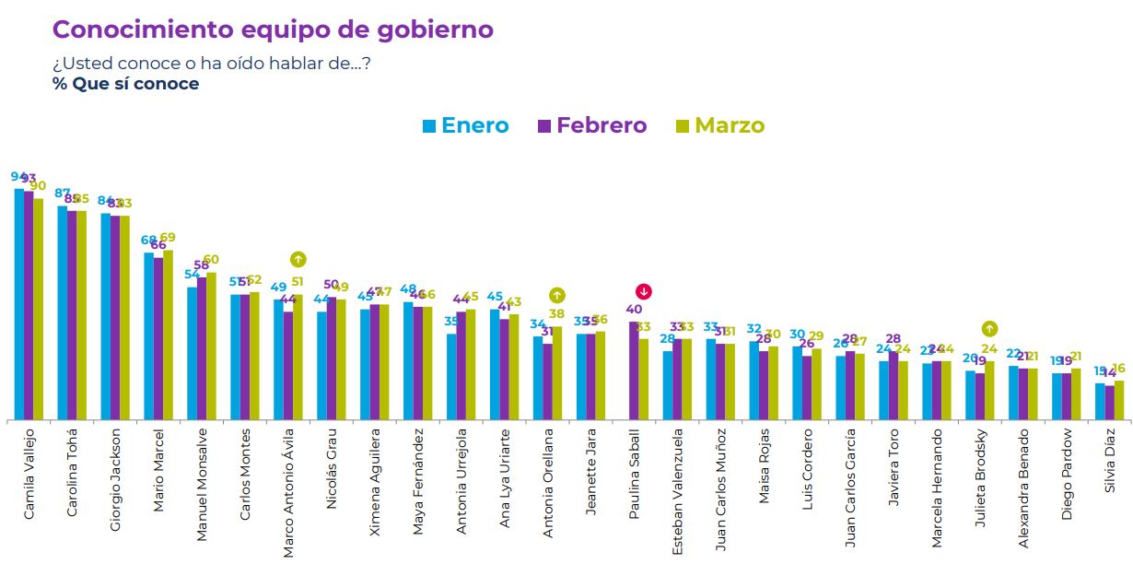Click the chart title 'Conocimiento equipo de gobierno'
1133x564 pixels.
(x=273, y=29)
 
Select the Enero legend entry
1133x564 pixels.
(x=465, y=125)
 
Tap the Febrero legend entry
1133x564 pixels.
(x=592, y=125)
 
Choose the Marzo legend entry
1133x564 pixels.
(x=720, y=125)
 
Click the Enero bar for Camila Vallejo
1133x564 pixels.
(x=18, y=304)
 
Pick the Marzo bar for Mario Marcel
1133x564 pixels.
(x=168, y=335)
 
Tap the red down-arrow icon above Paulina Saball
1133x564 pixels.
(x=644, y=292)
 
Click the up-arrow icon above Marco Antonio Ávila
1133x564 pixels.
(x=298, y=260)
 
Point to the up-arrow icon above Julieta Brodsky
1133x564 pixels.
(x=989, y=328)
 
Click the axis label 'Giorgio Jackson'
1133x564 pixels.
(x=115, y=479)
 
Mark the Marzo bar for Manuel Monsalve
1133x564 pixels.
(x=211, y=347)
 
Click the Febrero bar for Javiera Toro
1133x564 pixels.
(x=893, y=386)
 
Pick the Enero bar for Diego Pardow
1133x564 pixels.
(x=1057, y=396)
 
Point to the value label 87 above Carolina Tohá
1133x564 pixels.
(x=63, y=194)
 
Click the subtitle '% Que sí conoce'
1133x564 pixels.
(x=125, y=84)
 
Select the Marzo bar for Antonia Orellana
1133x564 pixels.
(x=556, y=373)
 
